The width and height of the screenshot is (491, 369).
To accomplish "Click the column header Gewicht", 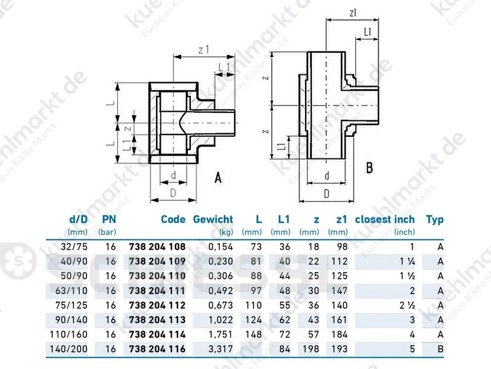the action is coord(213,219).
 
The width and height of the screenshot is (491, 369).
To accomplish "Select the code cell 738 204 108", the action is coord(157,247).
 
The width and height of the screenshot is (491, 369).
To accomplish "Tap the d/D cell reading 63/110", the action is coord(71,290).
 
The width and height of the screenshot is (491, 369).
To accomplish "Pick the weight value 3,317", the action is coord(221,349).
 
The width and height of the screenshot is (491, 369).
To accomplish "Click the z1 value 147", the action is coord(339,290).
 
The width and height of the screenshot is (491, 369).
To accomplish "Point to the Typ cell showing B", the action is coord(440,349).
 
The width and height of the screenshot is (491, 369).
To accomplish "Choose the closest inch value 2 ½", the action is coord(407,305).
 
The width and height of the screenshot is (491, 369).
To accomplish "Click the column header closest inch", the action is coord(385,219).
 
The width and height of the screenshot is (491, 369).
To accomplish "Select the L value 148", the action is coord(253,335).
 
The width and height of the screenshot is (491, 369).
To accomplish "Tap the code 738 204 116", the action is coord(157,349).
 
